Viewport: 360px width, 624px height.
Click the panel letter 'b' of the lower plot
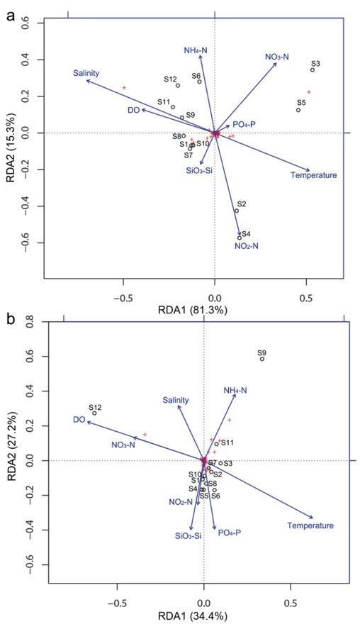9,318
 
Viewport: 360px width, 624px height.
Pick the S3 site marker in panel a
313,69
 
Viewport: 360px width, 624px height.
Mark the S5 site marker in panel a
298,110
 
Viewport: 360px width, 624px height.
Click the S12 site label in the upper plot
170,79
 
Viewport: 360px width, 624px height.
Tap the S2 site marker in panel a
237,211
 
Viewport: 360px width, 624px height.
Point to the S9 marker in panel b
262,359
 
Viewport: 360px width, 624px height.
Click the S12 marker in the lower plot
94,413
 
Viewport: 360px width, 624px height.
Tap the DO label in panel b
79,420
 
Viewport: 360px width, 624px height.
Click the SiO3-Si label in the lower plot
188,536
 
